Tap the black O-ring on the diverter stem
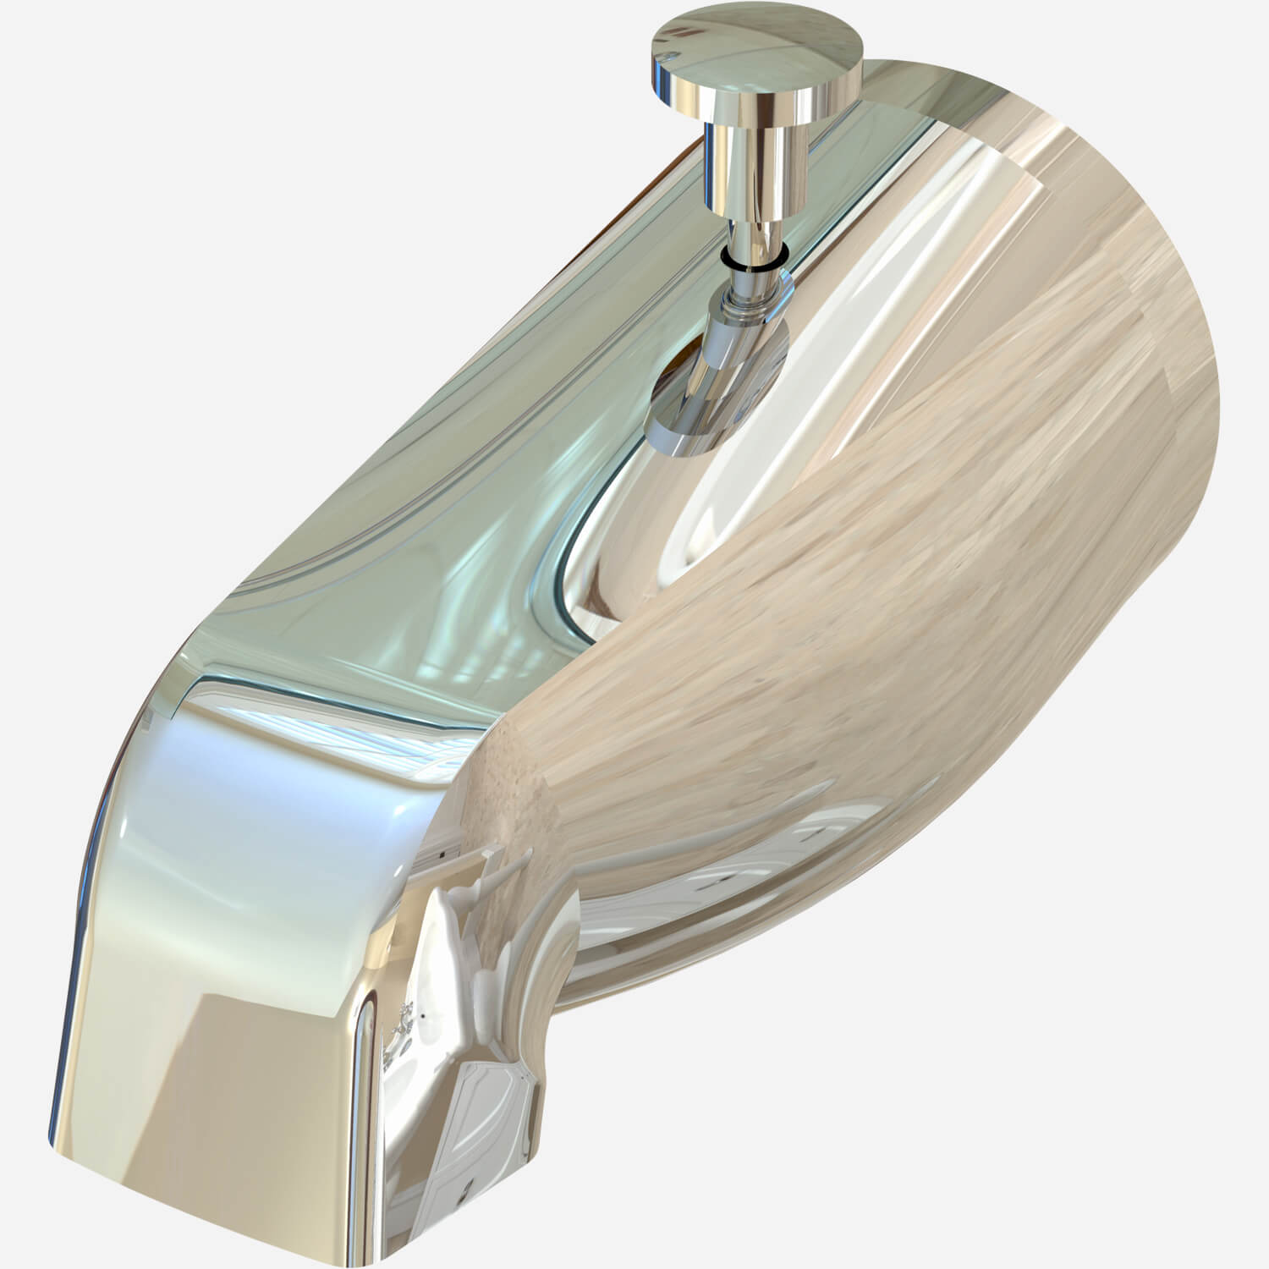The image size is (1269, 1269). coord(753,262)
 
